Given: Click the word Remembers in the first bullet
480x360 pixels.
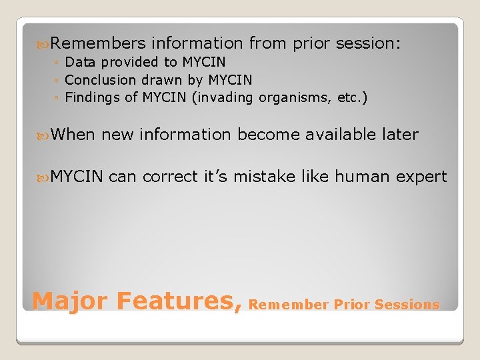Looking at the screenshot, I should (x=98, y=44).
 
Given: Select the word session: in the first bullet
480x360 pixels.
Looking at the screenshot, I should (x=369, y=44).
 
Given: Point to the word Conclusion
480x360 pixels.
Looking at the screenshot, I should (x=101, y=80).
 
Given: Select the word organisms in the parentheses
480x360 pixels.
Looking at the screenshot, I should (x=295, y=98).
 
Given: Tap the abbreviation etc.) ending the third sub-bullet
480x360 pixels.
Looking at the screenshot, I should (x=352, y=98).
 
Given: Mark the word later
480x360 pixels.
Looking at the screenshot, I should (x=398, y=135).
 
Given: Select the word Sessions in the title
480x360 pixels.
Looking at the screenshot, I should (x=407, y=305).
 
